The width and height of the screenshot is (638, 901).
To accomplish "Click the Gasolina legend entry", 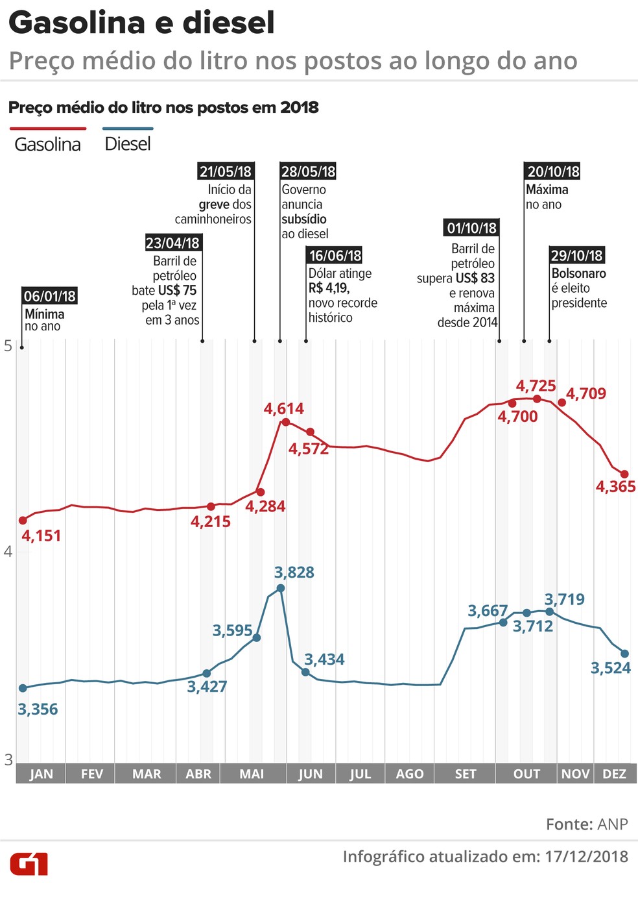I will (x=47, y=144).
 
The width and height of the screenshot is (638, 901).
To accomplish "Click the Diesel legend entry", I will (x=128, y=144).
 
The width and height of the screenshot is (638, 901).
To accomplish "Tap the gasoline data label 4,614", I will (x=283, y=409).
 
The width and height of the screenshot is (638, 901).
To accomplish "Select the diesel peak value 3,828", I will (x=294, y=573).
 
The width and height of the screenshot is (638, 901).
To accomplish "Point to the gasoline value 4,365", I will (x=615, y=487).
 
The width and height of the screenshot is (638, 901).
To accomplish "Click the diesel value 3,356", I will (x=38, y=710).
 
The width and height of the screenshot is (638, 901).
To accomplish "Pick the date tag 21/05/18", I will (x=225, y=171).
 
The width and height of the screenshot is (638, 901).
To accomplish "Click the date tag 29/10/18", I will (x=576, y=255).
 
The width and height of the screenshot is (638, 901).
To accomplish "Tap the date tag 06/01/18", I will (x=49, y=296).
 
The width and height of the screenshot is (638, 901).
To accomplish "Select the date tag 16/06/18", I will (x=335, y=255).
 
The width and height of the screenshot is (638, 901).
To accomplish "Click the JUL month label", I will (x=360, y=774).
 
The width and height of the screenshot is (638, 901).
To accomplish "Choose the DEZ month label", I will (x=614, y=774).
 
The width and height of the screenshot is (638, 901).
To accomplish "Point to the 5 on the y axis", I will (x=8, y=345).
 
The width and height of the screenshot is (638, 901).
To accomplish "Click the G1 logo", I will (x=29, y=864).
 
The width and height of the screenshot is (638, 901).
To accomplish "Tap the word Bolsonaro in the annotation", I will (x=578, y=273).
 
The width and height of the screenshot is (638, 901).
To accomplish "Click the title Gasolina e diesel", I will (x=141, y=23).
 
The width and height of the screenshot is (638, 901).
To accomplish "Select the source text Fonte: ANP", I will (x=587, y=824).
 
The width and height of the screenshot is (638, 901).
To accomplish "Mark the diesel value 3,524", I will (x=610, y=668).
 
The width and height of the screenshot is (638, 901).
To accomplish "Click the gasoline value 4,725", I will (x=536, y=386).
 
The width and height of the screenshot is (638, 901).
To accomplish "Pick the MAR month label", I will (x=147, y=774).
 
